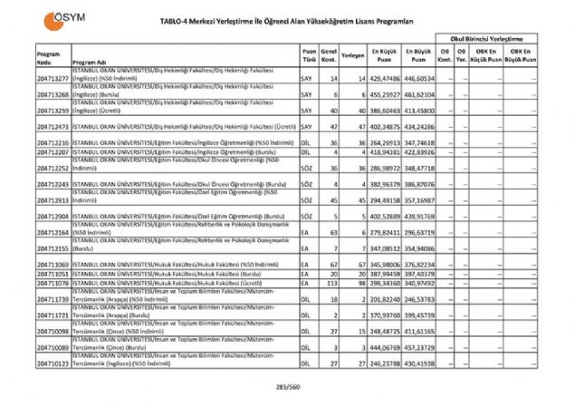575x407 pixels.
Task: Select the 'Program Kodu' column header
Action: tap(50, 58)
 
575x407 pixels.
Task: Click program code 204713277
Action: tap(53, 80)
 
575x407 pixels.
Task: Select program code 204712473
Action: tap(53, 127)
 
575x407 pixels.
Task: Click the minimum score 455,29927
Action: tap(384, 93)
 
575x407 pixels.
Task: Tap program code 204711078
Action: tap(53, 283)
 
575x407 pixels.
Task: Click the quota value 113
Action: tap(332, 283)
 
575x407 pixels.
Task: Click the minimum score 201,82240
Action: tap(384, 298)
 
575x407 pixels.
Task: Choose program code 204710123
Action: tap(53, 363)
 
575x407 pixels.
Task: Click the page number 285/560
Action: tap(289, 385)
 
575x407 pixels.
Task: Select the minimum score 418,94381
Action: tap(384, 151)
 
